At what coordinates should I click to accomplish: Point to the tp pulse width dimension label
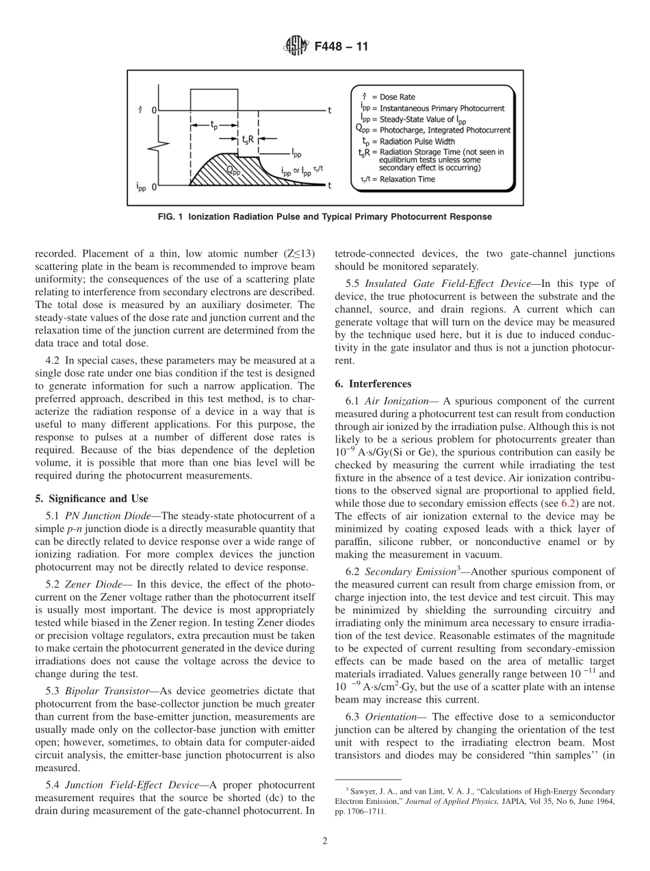pos(214,125)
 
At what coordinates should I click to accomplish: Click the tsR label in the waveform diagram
pos(248,139)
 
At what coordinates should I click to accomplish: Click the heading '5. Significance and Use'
pos(91,498)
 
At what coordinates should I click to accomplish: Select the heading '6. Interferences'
pos(373,383)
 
